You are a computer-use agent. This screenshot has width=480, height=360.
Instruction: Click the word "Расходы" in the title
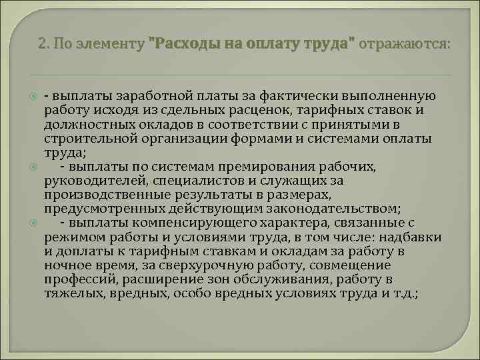[x=181, y=45]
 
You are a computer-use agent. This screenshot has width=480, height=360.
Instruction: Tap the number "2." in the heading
[x=45, y=45]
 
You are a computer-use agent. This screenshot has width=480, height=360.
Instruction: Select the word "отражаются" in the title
[x=404, y=45]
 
